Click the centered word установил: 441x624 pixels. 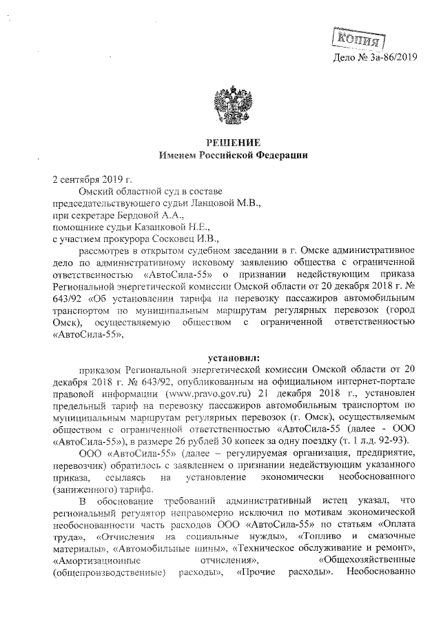click(234, 358)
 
